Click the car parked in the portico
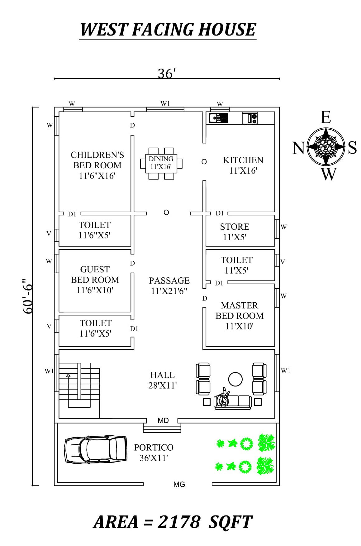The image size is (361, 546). point(96,449)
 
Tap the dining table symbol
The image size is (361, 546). point(161,163)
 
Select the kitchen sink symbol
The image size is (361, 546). point(219,118)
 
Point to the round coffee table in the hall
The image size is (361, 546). point(235,379)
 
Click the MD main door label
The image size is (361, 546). point(163,420)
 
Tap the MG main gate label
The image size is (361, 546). point(179,484)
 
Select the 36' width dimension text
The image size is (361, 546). point(167,74)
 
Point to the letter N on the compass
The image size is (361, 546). point(298,148)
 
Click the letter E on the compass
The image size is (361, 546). point(325,117)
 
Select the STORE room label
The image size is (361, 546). point(235,227)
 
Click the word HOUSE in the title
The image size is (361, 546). point(227,30)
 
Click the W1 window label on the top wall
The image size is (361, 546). point(165,104)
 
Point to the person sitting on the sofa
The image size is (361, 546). point(223,398)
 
